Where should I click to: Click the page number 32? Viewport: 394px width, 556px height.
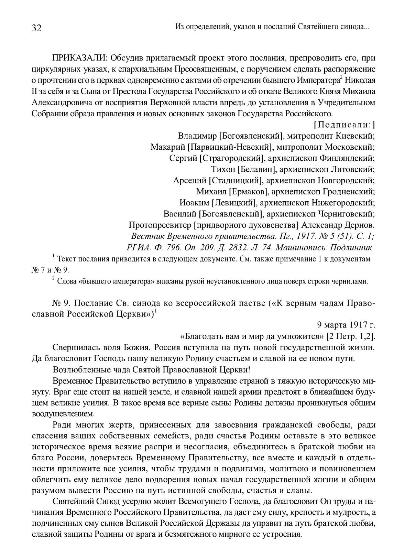pyautogui.click(x=36, y=29)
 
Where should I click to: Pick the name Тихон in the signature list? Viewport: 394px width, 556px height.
pyautogui.click(x=223, y=169)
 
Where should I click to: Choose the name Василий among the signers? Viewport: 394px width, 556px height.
pyautogui.click(x=180, y=214)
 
